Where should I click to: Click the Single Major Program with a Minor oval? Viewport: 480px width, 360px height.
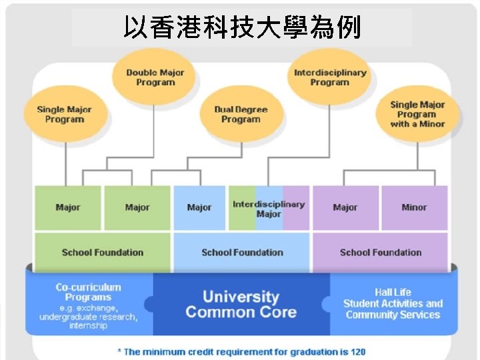tap(417, 114)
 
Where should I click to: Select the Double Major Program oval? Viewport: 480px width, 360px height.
tap(155, 77)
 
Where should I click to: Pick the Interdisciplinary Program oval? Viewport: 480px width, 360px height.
tap(329, 77)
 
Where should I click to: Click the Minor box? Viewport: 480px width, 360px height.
tap(414, 207)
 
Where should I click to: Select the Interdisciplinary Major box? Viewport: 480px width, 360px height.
tap(268, 209)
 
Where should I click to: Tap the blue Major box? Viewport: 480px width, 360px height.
tap(199, 207)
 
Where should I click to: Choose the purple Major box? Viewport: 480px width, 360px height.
tap(345, 207)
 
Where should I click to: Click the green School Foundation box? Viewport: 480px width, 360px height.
tap(102, 252)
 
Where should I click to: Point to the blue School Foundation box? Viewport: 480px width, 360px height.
tap(242, 252)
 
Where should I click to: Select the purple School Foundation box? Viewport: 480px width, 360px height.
tap(381, 252)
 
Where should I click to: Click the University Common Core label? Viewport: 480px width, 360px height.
tap(241, 304)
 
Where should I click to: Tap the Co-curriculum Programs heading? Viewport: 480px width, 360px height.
tap(89, 292)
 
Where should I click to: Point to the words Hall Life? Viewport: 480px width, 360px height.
tap(393, 292)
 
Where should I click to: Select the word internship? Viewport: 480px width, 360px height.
tap(87, 326)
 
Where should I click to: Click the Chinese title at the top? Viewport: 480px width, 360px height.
tap(241, 27)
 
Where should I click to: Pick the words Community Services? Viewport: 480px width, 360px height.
tap(393, 315)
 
